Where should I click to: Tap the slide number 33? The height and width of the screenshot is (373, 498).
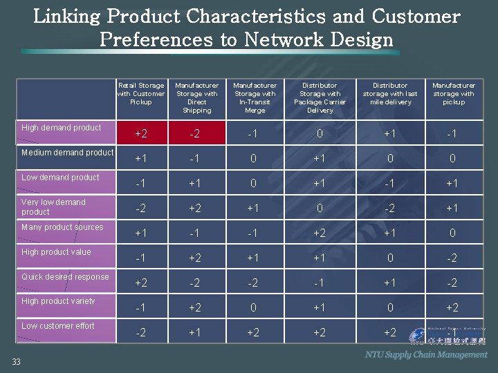coord(15,361)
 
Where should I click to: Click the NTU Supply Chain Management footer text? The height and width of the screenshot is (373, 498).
coord(426,354)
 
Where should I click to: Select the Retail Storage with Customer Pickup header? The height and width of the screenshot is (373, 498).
coord(140,94)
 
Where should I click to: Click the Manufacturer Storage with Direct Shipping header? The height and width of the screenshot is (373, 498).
coord(196,97)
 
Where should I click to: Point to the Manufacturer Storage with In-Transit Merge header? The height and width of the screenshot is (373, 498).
coord(255,97)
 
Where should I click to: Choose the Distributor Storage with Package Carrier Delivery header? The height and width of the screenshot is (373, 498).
coord(320,97)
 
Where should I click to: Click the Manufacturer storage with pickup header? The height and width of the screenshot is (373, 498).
coord(453,94)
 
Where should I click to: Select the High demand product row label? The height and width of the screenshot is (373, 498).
coord(62,128)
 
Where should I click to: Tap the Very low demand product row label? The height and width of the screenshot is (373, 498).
coord(53,207)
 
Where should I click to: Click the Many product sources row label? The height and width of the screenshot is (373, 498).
coord(62,227)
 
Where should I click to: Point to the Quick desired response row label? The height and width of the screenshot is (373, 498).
coord(65,277)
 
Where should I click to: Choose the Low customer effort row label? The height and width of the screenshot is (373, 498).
coord(58,326)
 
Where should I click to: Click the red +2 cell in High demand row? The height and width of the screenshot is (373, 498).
coord(140,133)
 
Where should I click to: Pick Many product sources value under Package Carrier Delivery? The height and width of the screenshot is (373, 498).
coord(320,233)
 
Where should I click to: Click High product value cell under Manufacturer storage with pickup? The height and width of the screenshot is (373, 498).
coord(452,258)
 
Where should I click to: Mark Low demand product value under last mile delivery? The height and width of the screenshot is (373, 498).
coord(390,183)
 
